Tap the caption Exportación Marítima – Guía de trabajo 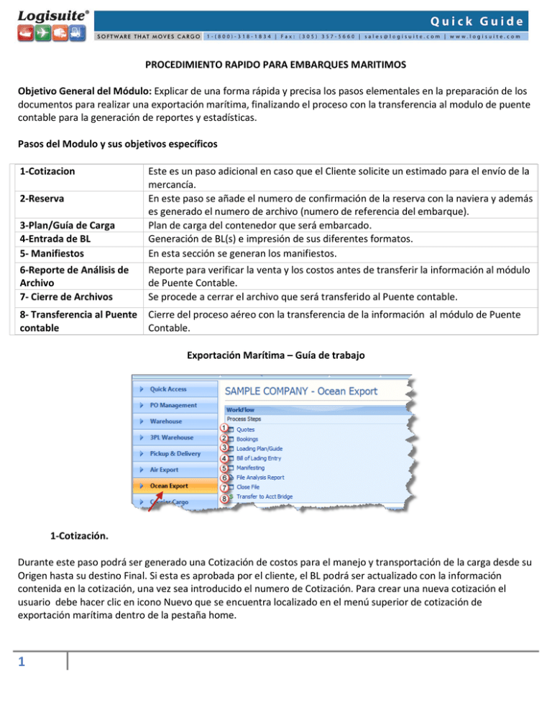(275, 355)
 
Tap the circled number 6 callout (224, 477)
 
